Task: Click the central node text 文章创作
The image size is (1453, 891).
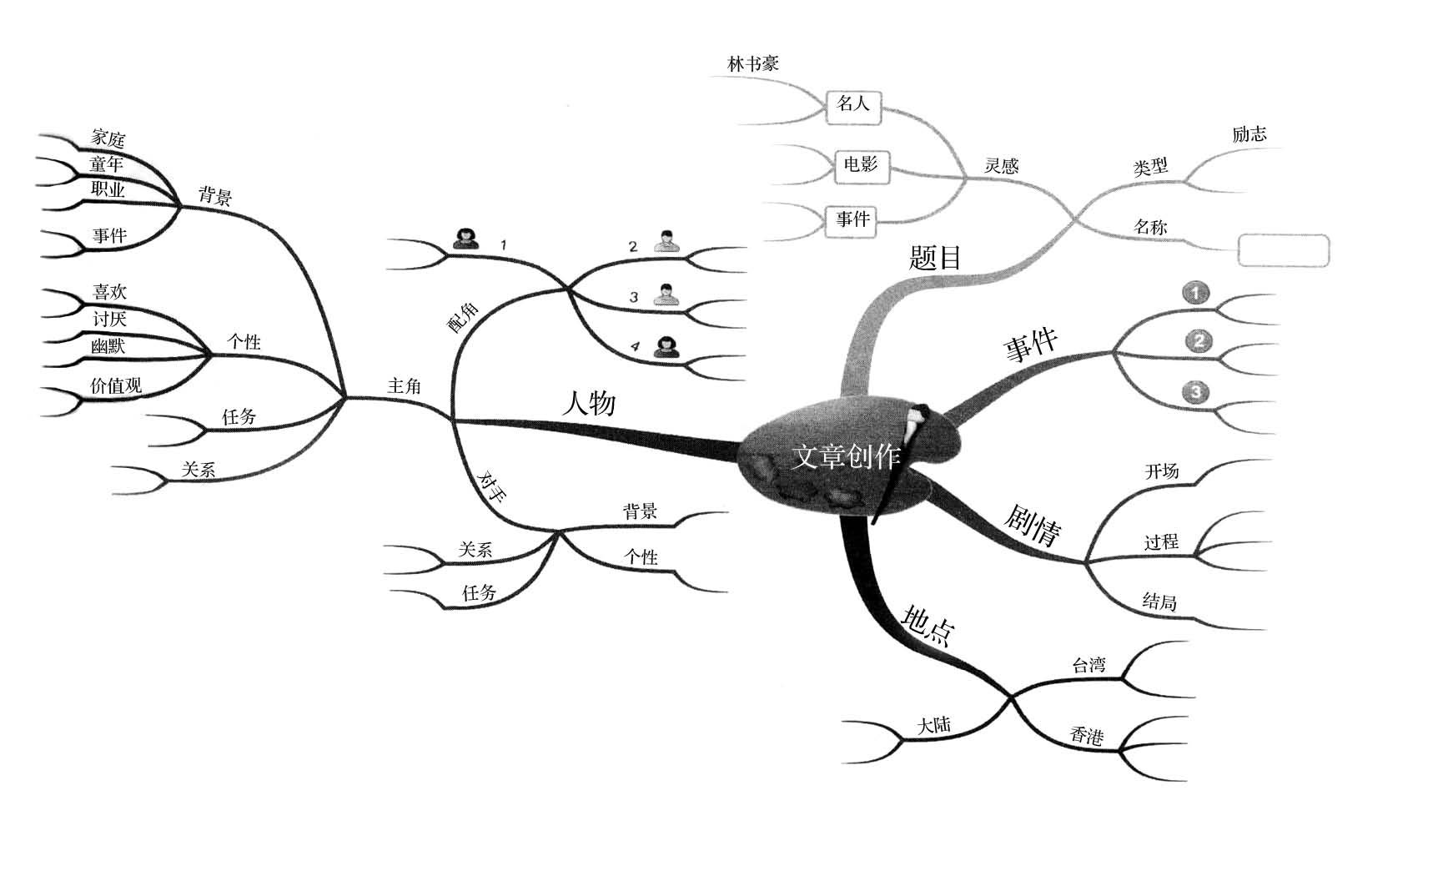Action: (846, 456)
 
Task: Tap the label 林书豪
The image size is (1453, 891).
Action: (753, 63)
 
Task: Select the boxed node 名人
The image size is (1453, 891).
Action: (853, 104)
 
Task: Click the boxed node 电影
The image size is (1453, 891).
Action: (861, 164)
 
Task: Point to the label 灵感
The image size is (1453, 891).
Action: (1001, 165)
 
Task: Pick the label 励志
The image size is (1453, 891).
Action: (1249, 134)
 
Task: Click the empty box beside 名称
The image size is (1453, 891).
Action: (1283, 251)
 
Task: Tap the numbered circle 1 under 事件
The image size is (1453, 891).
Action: (1196, 293)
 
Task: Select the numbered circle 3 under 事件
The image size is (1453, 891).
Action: (1196, 392)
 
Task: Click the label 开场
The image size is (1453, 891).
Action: (1161, 471)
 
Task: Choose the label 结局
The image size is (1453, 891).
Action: (1159, 602)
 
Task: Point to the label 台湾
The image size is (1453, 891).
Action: (1088, 665)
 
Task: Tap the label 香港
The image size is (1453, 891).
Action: (1087, 736)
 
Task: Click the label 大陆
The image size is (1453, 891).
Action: (934, 725)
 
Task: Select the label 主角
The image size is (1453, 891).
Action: (405, 385)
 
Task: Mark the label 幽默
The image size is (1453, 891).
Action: (108, 345)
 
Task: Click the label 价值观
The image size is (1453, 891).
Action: (116, 385)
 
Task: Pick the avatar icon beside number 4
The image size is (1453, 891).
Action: (666, 346)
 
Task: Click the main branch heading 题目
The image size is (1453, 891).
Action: (935, 257)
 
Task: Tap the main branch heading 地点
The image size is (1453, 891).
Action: (928, 625)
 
